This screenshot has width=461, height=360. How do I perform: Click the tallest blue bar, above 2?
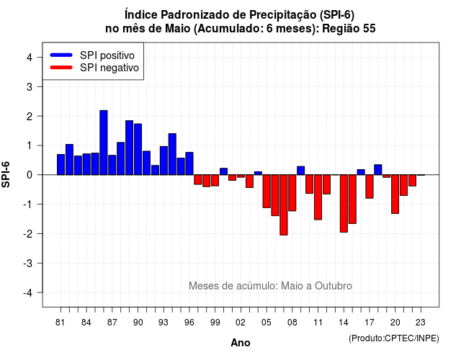click(x=104, y=143)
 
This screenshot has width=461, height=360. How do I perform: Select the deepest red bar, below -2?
click(x=284, y=204)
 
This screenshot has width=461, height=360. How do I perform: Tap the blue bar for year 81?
click(x=61, y=165)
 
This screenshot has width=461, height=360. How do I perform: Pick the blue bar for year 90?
click(x=138, y=149)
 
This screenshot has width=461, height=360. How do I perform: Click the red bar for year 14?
click(x=344, y=203)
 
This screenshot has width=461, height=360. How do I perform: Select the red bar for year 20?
click(x=395, y=194)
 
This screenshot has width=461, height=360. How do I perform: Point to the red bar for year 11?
click(x=318, y=197)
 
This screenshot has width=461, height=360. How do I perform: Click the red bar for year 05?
click(x=267, y=192)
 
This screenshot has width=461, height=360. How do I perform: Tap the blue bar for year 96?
click(x=189, y=163)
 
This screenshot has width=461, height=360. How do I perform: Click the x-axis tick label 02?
click(x=241, y=323)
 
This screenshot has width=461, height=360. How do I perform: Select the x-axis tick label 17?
click(x=370, y=323)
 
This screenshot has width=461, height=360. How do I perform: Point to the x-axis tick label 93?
click(x=164, y=323)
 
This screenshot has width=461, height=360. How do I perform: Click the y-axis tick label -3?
click(x=29, y=264)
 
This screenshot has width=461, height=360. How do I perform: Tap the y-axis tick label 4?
click(x=30, y=58)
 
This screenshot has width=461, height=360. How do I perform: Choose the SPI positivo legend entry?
click(x=92, y=55)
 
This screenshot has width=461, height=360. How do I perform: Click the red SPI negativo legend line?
click(x=61, y=68)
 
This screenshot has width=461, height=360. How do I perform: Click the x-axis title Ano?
click(x=241, y=343)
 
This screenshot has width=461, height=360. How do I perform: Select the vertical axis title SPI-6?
click(x=6, y=174)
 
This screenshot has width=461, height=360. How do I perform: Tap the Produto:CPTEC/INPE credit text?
click(x=394, y=338)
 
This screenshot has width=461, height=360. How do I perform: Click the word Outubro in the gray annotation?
click(x=334, y=286)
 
